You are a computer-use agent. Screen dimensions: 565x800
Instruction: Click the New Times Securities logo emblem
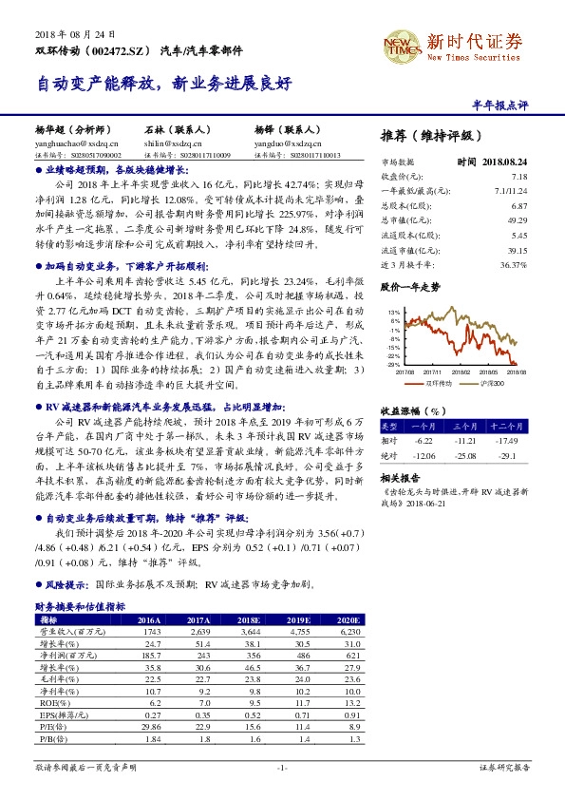coord(401,44)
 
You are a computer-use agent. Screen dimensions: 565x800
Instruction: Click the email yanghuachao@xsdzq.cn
coord(69,141)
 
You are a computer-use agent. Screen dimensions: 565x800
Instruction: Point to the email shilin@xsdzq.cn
coord(172,141)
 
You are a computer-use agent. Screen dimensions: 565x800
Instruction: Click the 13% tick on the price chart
coord(393,312)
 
